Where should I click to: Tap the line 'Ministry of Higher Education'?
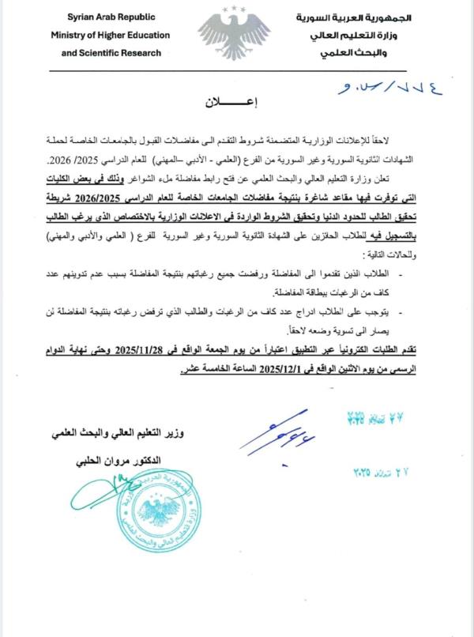click(x=111, y=35)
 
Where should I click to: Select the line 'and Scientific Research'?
click(x=111, y=52)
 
